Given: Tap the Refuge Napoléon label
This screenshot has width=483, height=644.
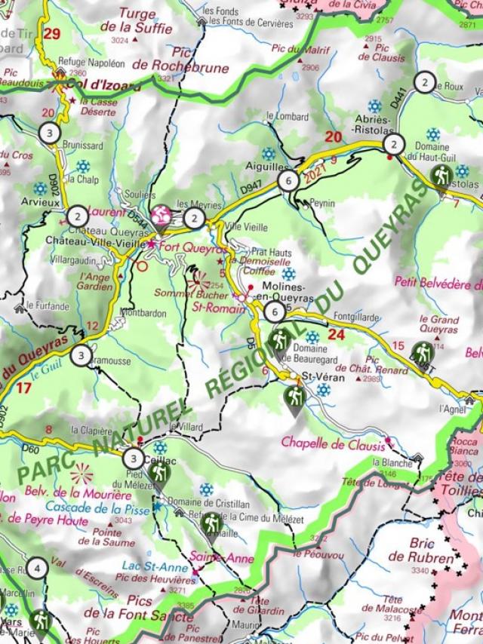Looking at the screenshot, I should (88, 63).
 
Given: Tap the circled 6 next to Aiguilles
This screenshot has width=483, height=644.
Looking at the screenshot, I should (287, 180).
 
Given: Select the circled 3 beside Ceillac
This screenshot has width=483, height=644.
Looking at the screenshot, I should (134, 458).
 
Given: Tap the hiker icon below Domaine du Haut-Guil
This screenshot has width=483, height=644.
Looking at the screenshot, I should (441, 176).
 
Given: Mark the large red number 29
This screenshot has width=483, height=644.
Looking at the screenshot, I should (51, 33).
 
